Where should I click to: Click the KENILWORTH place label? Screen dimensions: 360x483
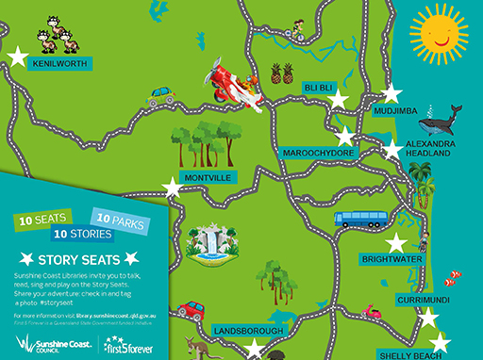[x=59, y=64]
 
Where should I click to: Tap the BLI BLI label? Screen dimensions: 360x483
[x=319, y=87]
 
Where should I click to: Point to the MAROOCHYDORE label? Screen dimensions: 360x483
[x=318, y=153]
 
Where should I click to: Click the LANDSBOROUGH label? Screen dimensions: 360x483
[x=248, y=332]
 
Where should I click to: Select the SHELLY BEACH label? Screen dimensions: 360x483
[x=410, y=355]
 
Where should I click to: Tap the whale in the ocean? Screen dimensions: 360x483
[x=440, y=121]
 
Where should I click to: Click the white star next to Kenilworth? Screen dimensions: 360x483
[x=16, y=57]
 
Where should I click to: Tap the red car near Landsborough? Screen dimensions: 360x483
[x=192, y=309]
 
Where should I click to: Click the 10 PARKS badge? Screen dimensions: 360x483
[x=121, y=220]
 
